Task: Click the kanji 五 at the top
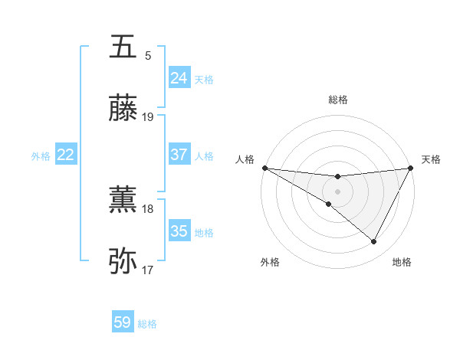coord(123,47)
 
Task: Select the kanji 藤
coord(123,108)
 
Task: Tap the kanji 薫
coord(123,200)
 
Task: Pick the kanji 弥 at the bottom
coord(123,261)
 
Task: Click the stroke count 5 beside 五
coord(148,55)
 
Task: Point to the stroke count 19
coord(148,116)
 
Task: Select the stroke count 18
coord(148,208)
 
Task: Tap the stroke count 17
coord(148,270)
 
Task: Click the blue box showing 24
coord(179,78)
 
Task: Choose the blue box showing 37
coord(179,155)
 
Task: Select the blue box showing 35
coord(179,231)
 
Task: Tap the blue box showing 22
coord(66,155)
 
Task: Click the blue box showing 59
coord(123,322)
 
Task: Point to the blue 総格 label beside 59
coord(147,324)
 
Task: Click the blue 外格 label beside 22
coord(41,156)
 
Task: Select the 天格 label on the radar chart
coord(431,159)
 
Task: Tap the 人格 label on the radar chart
coord(245,159)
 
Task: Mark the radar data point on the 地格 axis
coord(374,242)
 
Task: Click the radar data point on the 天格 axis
coord(411,168)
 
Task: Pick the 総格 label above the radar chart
coord(337,100)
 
